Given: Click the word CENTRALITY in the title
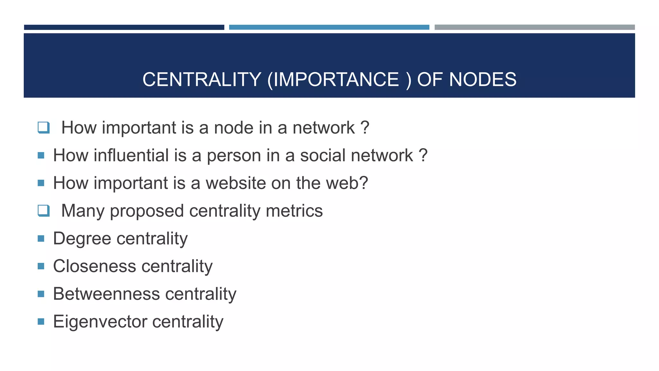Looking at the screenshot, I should click(202, 80).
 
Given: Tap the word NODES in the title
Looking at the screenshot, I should click(482, 80).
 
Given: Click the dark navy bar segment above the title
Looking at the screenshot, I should click(124, 27).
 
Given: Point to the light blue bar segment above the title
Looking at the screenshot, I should click(329, 27).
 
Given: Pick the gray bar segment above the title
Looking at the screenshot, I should click(534, 27).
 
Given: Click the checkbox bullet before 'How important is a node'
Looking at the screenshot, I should click(44, 128).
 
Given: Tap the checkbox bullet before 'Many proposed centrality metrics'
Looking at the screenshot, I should click(44, 211).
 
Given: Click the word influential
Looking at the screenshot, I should click(131, 156).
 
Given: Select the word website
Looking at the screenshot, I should click(236, 183).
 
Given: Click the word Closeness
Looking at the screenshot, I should click(95, 266).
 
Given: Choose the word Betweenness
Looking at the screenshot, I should click(107, 294).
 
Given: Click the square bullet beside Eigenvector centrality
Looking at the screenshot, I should click(41, 321).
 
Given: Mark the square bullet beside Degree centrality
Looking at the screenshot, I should click(41, 238).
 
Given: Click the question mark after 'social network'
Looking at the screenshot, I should click(423, 155).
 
